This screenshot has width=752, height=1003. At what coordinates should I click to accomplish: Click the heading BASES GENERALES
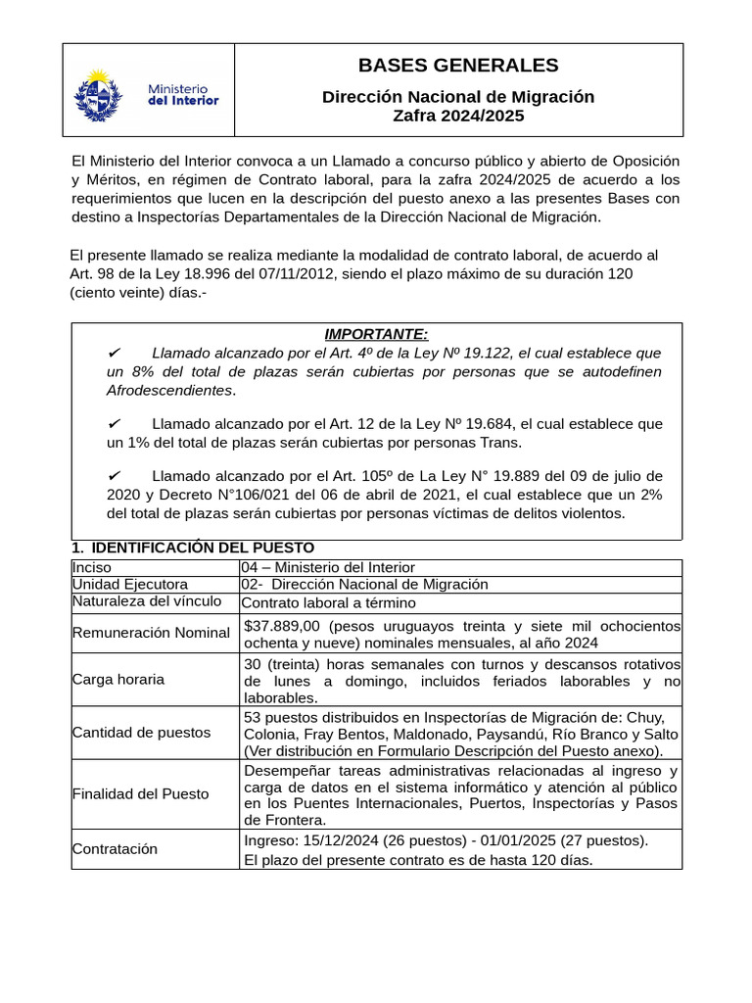(458, 66)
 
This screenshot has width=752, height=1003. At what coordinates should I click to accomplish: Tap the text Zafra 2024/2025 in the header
(458, 116)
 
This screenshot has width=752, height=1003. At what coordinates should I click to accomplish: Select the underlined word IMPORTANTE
(376, 334)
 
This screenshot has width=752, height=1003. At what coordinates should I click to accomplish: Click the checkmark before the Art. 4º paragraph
(114, 353)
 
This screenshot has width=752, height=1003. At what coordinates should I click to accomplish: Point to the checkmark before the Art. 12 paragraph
(114, 423)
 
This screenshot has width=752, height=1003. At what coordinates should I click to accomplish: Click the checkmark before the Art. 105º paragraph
(114, 476)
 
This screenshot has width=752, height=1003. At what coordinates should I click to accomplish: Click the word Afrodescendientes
(170, 390)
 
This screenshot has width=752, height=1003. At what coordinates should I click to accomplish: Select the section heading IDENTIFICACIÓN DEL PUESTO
(201, 548)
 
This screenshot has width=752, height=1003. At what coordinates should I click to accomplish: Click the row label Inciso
(92, 567)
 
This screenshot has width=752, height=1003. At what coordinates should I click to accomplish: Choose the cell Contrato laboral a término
(329, 602)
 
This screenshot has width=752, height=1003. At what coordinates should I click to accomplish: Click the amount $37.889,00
(283, 626)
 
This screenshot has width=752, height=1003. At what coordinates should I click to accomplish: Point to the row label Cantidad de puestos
(142, 732)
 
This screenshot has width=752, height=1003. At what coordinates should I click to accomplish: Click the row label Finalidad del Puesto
(141, 793)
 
